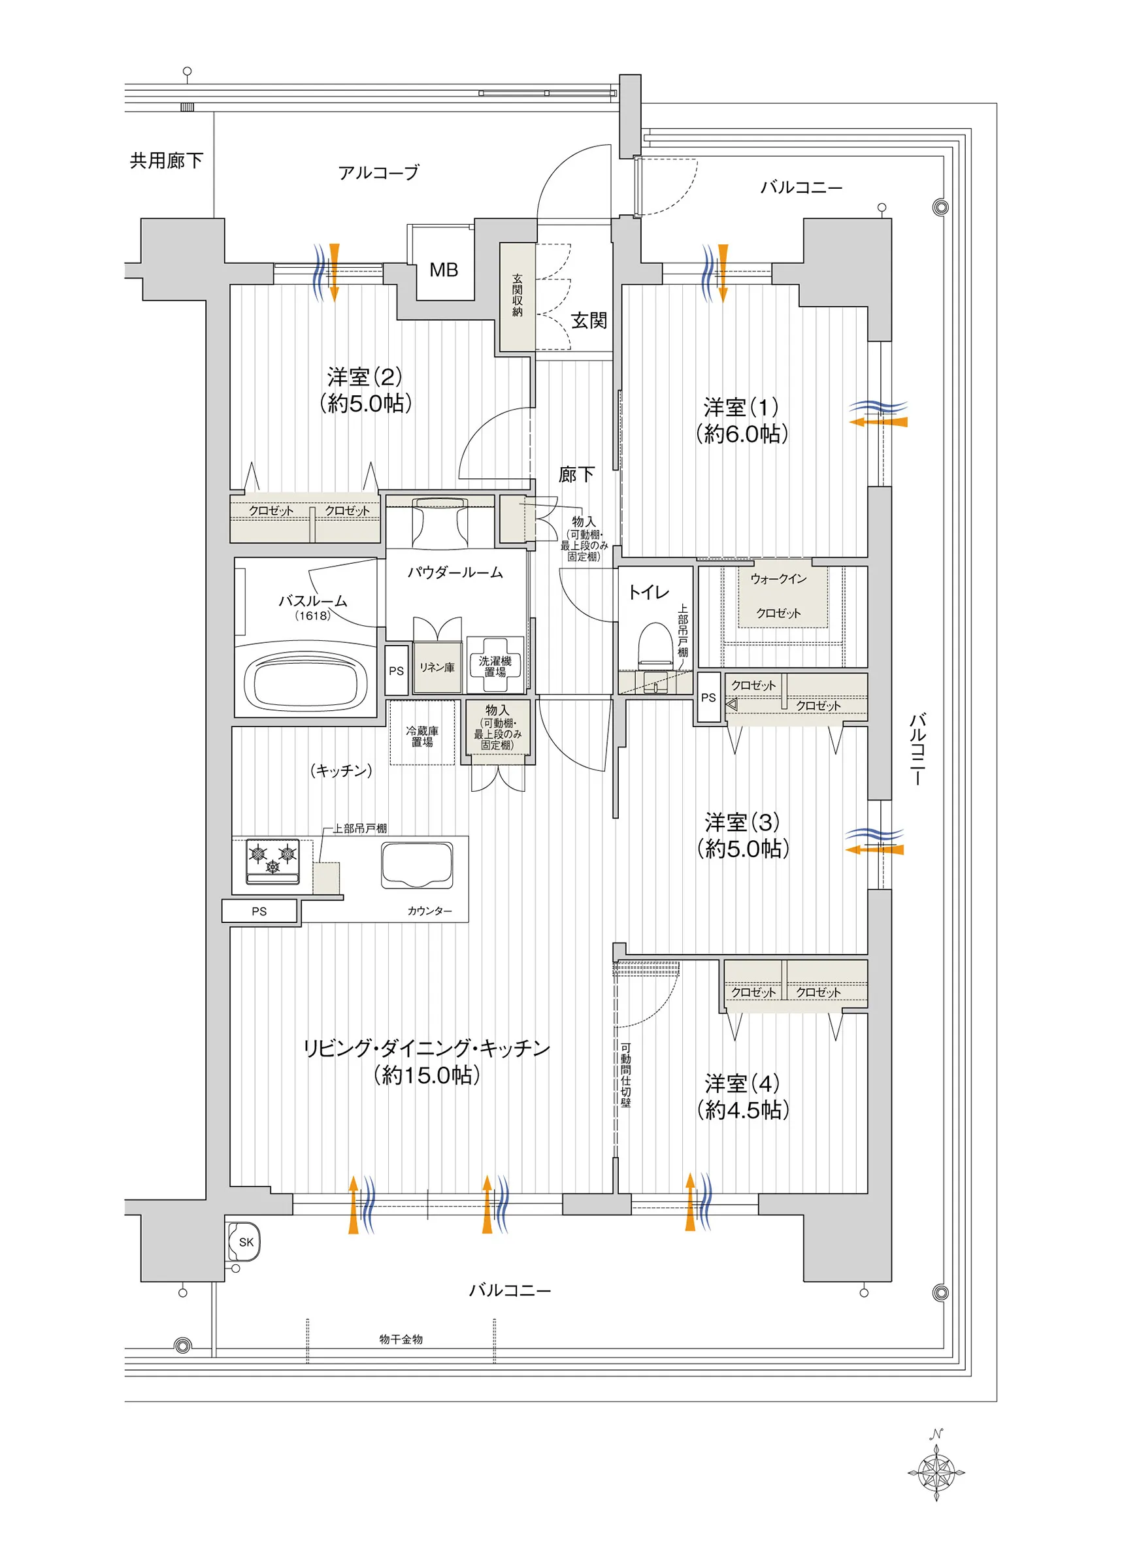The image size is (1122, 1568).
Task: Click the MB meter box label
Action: click(444, 270)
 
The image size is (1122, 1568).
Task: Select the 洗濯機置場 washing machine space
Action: click(495, 665)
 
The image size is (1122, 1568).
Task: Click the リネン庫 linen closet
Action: click(437, 667)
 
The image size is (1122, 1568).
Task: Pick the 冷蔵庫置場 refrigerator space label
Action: click(422, 736)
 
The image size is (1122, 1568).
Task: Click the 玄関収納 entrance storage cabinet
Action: click(517, 297)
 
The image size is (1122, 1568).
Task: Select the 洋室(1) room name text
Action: click(741, 407)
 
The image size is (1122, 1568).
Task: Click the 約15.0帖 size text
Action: click(427, 1075)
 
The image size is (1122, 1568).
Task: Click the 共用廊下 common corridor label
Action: click(167, 161)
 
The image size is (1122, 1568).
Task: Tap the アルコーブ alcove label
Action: click(378, 172)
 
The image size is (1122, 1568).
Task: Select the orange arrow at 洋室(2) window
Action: click(335, 272)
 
